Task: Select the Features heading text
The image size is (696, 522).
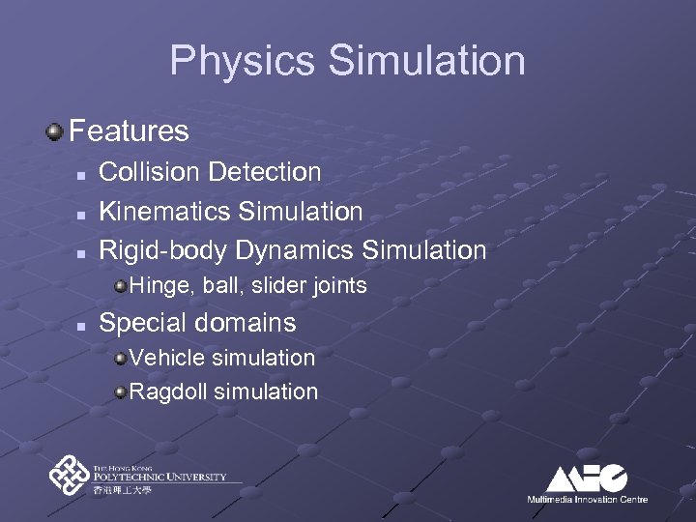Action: click(x=129, y=130)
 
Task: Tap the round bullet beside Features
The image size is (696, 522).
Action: click(x=56, y=130)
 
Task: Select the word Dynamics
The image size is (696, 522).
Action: click(x=294, y=250)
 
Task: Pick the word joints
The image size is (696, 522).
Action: click(x=338, y=285)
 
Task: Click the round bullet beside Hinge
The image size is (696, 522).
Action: click(x=120, y=286)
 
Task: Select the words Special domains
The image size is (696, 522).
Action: click(x=198, y=322)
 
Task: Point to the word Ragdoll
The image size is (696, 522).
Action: click(x=169, y=391)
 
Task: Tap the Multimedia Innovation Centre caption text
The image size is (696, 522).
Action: click(x=587, y=500)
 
